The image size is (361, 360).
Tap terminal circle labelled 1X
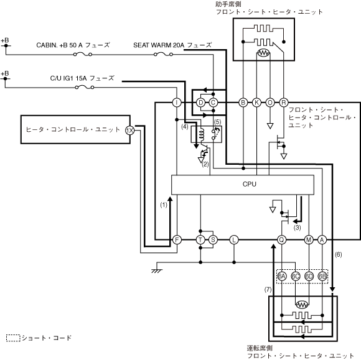click(x=129, y=131)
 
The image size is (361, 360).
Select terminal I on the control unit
click(x=177, y=103)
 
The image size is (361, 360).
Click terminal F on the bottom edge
click(x=177, y=240)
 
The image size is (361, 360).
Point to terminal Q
click(x=281, y=240)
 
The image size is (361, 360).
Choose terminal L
click(x=234, y=240)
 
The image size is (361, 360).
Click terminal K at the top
click(x=256, y=103)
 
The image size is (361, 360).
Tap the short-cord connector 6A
click(x=282, y=276)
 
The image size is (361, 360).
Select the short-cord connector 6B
click(x=322, y=276)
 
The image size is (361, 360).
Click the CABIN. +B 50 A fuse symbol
click(x=83, y=55)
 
